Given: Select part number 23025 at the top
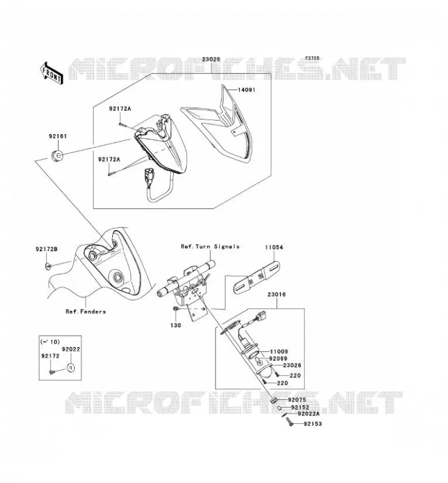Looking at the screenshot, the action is click(x=211, y=59).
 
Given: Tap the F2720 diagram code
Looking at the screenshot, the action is click(x=312, y=58).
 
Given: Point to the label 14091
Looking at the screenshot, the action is click(x=247, y=90).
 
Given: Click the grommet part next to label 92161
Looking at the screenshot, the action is click(x=57, y=156).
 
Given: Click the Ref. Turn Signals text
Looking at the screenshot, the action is click(x=210, y=246).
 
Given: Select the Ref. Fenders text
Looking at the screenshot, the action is click(x=86, y=312).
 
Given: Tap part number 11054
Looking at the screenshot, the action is click(x=274, y=247).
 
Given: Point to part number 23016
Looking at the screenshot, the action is click(x=277, y=295).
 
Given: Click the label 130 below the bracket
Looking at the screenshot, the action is click(x=176, y=325).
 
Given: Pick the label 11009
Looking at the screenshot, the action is click(x=279, y=352).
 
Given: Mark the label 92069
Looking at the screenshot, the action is click(x=278, y=359).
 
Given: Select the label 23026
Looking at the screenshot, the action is click(x=292, y=365).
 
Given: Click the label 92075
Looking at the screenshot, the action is click(x=297, y=400).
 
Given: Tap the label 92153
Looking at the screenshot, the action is click(x=313, y=424).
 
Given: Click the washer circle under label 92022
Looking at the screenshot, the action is click(x=71, y=368).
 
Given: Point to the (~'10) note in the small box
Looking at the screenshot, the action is click(x=50, y=342).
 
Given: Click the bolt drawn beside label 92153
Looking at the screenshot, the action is click(x=290, y=421).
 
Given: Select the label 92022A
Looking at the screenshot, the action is click(x=309, y=414).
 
